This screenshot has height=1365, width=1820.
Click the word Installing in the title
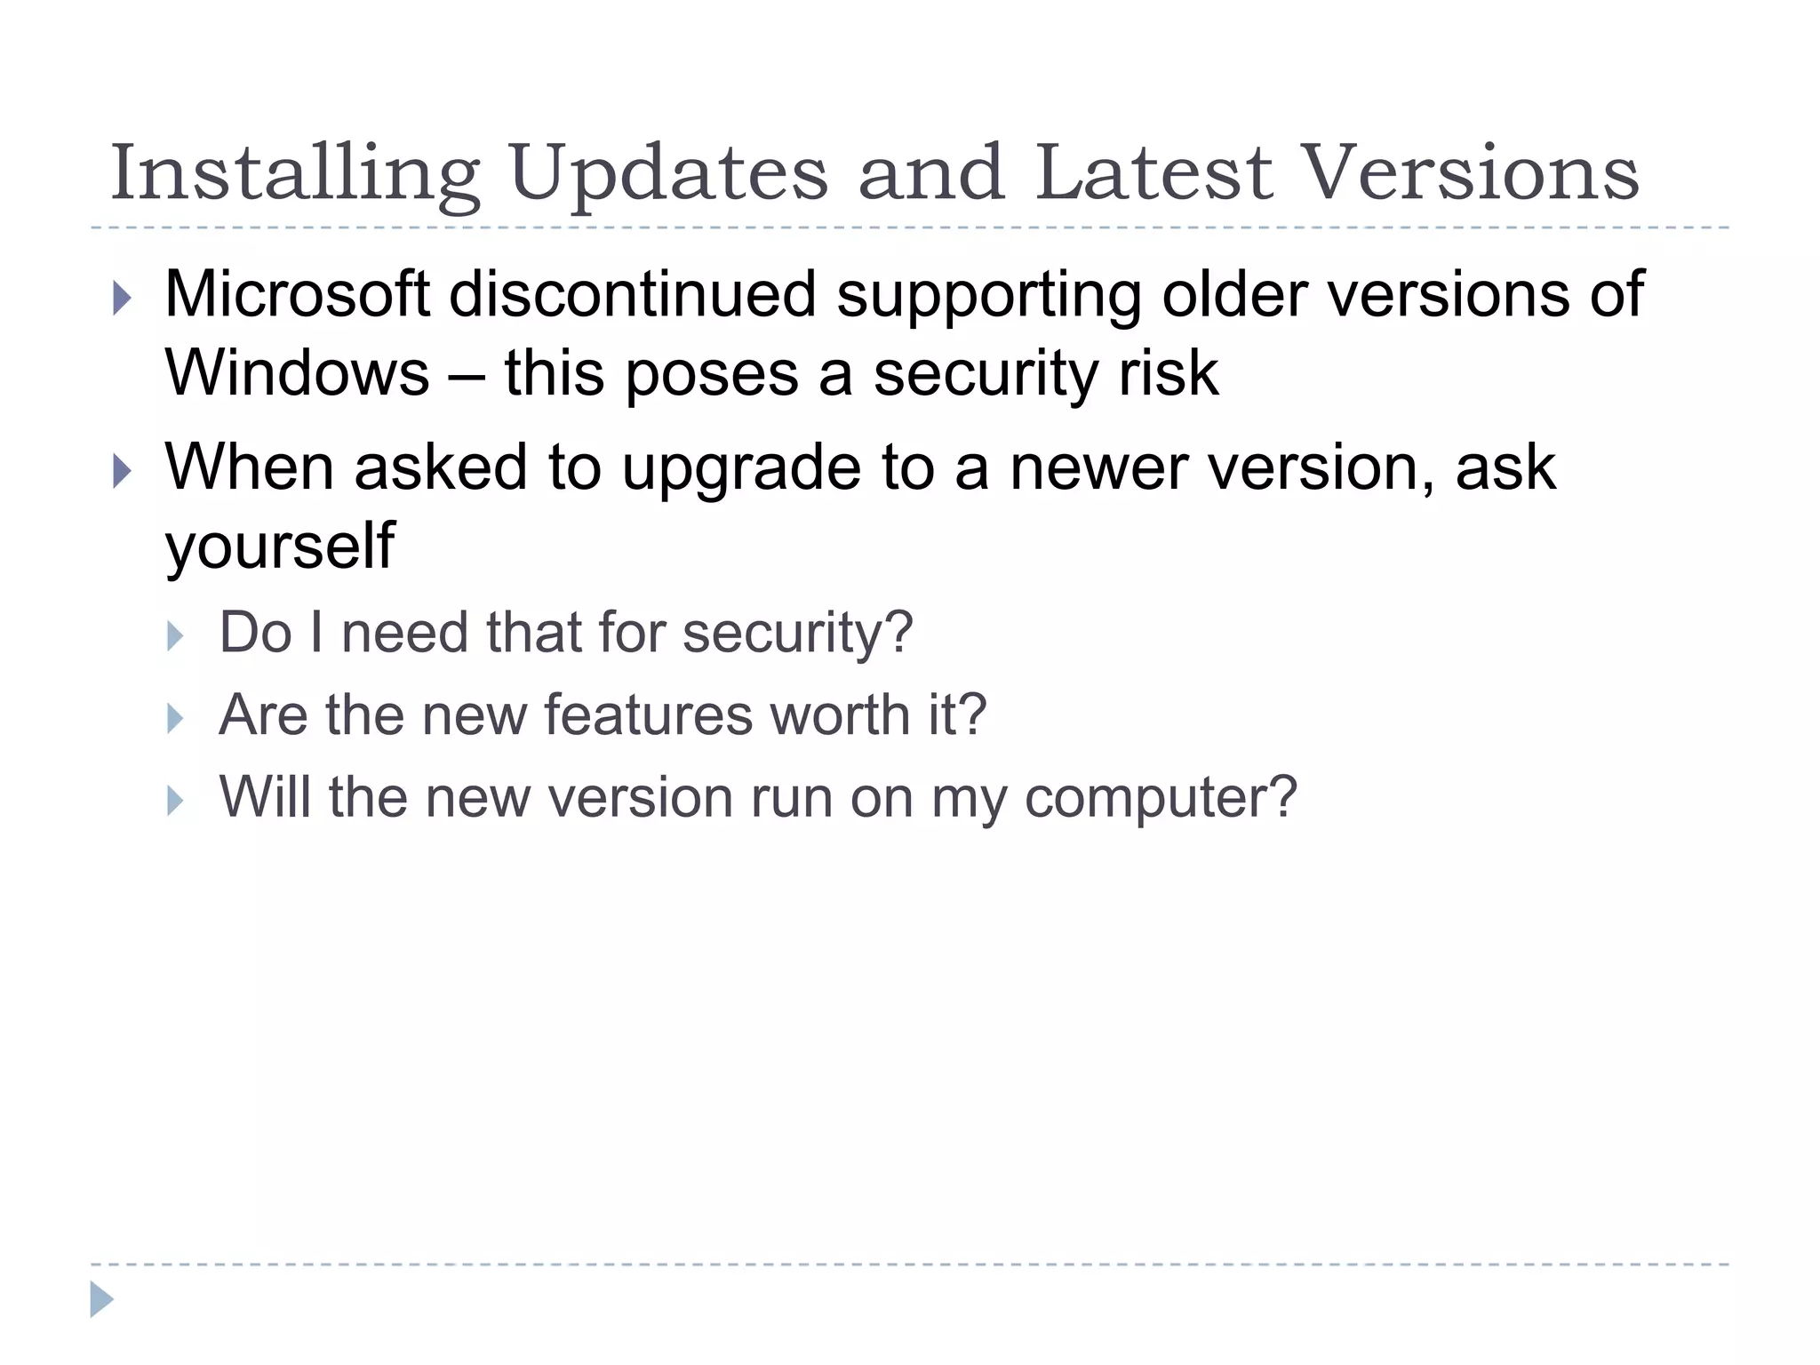pyautogui.click(x=294, y=173)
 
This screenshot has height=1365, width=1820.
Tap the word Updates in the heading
pyautogui.click(x=669, y=173)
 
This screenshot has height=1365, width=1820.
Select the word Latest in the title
pyautogui.click(x=1153, y=173)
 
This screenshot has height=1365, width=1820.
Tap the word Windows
pyautogui.click(x=297, y=372)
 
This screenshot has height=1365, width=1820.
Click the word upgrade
pyautogui.click(x=740, y=468)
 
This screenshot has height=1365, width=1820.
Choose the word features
pyautogui.click(x=648, y=714)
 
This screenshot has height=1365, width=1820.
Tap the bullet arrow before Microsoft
pyautogui.click(x=123, y=299)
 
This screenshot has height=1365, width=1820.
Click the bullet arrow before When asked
pyautogui.click(x=123, y=471)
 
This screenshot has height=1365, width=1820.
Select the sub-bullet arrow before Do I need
pyautogui.click(x=175, y=636)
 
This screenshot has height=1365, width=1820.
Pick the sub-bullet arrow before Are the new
pyautogui.click(x=175, y=718)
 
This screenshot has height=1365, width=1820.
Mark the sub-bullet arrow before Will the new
pyautogui.click(x=175, y=801)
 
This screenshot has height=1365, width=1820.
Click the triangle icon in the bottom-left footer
pyautogui.click(x=101, y=1299)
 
